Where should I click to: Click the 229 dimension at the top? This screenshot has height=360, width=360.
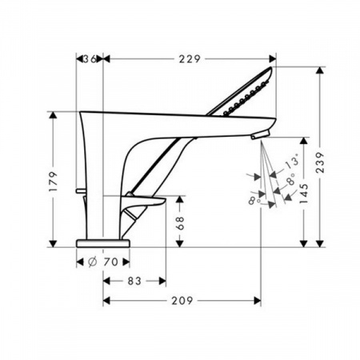click(189, 58)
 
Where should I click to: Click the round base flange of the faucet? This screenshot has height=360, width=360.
click(103, 241)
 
